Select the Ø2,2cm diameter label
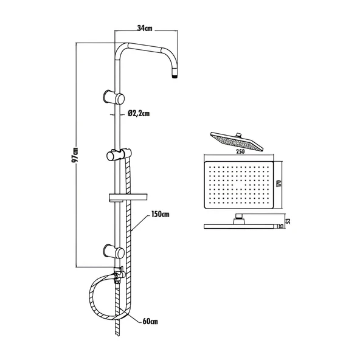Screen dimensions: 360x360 [139, 112]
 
